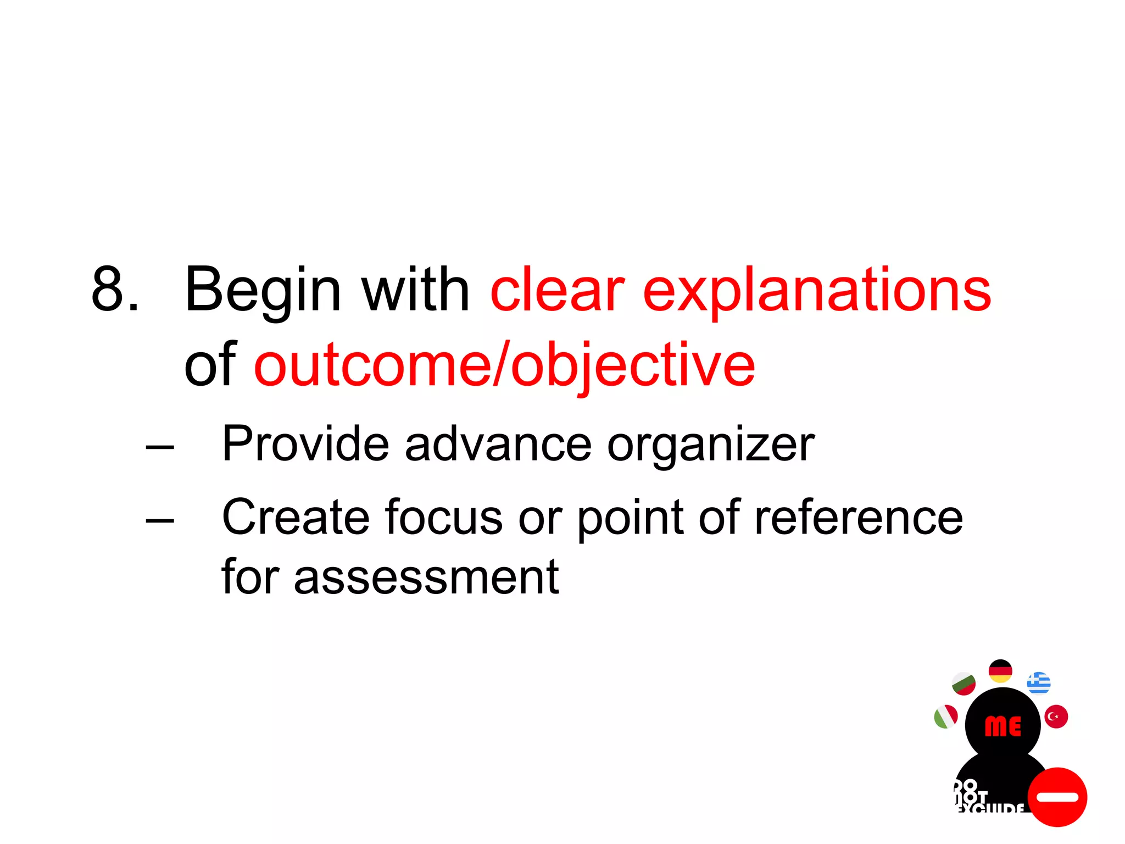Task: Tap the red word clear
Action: [x=557, y=290]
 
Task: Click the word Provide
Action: [x=305, y=443]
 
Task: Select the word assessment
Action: [x=426, y=577]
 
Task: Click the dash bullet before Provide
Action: [x=160, y=447]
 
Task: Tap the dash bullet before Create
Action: [x=160, y=519]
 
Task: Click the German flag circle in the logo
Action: [x=1000, y=671]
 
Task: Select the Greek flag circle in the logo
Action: [x=1039, y=683]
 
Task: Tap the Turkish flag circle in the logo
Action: [x=1056, y=717]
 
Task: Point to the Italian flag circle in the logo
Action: [x=946, y=717]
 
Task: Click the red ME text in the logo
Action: [x=1003, y=726]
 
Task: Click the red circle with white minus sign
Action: [x=1057, y=797]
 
